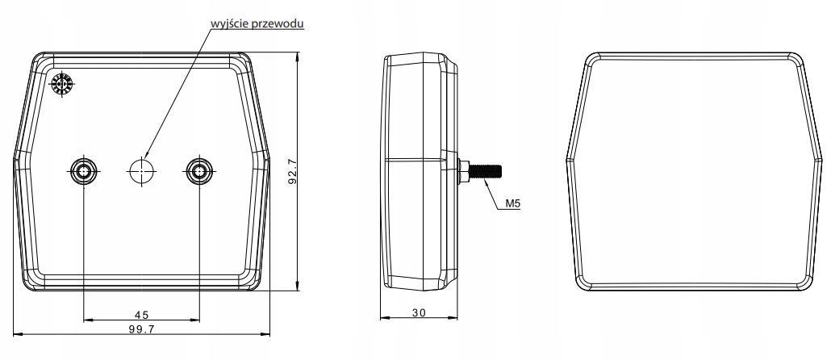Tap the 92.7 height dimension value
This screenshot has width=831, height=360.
pyautogui.click(x=292, y=171)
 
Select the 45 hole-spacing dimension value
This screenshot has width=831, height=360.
pyautogui.click(x=141, y=315)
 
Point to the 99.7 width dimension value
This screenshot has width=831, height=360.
pyautogui.click(x=141, y=329)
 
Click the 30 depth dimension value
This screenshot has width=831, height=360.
pyautogui.click(x=419, y=312)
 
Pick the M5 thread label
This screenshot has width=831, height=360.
pyautogui.click(x=512, y=203)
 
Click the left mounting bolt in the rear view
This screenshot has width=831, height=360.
pyautogui.click(x=84, y=171)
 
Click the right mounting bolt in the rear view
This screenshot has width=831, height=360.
pyautogui.click(x=199, y=171)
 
